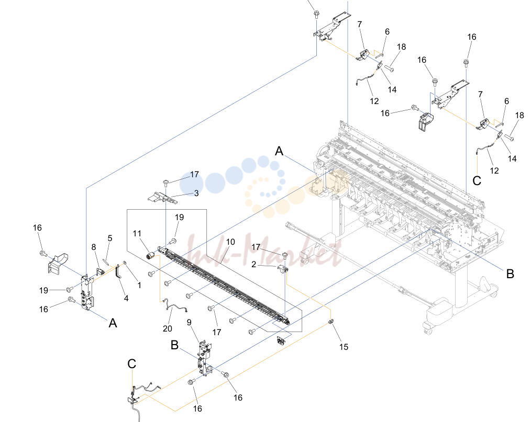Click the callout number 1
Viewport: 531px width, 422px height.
point(139,285)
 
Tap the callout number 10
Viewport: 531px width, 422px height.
point(230,242)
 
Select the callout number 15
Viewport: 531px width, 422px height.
point(344,347)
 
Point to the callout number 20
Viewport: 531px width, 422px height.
point(167,328)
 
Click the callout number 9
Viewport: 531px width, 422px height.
point(189,322)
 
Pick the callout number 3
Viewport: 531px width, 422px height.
point(196,193)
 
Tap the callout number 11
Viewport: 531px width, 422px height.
point(137,233)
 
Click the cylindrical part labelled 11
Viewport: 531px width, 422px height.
point(150,256)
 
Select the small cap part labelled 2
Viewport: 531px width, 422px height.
point(282,268)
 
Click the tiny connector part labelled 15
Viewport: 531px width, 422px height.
point(331,321)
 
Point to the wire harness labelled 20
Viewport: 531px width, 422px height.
point(175,306)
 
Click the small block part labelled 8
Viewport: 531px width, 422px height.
point(100,271)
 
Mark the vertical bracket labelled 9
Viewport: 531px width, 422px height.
point(205,358)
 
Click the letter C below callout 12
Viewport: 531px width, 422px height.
point(477,180)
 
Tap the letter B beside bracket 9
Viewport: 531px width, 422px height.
point(174,345)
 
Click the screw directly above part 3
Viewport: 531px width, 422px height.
point(166,183)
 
